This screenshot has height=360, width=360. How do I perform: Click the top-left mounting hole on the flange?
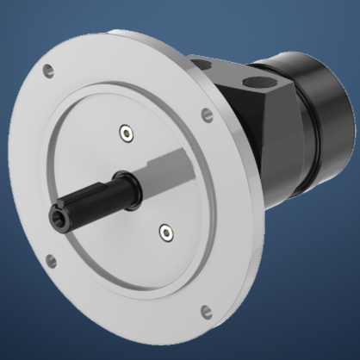[49, 69]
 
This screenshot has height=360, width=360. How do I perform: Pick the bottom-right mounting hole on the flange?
[205, 312]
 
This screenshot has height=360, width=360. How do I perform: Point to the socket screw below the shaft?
[164, 229]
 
